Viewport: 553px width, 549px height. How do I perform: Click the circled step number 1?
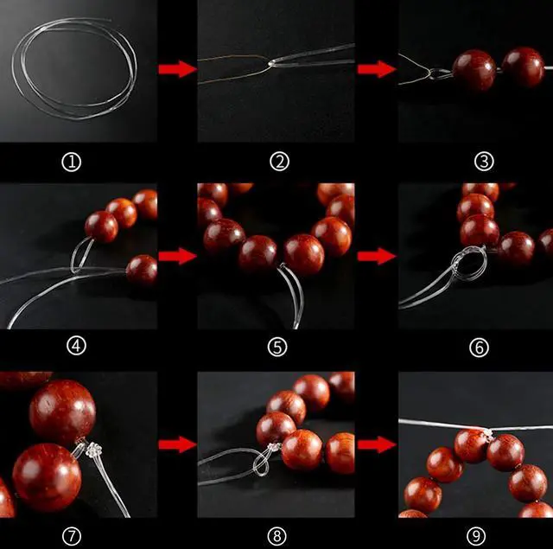tap(72, 162)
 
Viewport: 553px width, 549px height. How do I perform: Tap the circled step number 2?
tap(279, 162)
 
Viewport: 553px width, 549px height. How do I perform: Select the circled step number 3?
tap(484, 162)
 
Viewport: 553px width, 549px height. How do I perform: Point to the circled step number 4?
tap(77, 346)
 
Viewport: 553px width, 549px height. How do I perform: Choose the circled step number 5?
tap(277, 347)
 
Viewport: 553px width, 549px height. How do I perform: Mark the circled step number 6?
tap(480, 348)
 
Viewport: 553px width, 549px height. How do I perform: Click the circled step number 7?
tap(72, 536)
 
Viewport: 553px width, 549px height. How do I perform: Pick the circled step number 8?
tap(276, 536)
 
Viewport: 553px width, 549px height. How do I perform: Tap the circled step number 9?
tap(476, 536)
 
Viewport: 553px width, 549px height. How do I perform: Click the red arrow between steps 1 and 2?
tap(177, 69)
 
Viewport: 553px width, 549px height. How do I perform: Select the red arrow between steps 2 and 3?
tap(377, 69)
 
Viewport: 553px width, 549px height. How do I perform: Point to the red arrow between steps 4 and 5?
tap(177, 256)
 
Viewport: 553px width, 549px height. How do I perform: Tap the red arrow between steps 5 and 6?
tap(377, 256)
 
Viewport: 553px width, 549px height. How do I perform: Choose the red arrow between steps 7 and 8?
tap(177, 444)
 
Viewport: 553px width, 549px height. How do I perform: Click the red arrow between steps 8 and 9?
tap(377, 444)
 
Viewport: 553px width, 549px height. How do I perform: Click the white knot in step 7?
tap(94, 450)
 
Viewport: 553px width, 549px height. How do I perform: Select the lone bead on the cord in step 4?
tap(142, 271)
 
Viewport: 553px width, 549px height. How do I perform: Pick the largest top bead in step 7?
tap(63, 412)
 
